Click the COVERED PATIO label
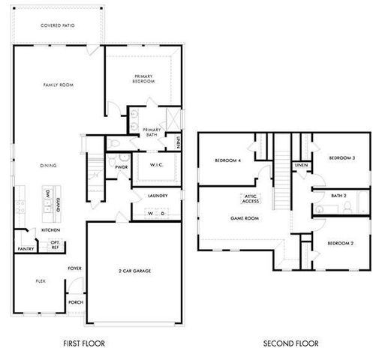coord(57,25)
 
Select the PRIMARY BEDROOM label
coord(143,79)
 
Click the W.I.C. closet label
coord(156,164)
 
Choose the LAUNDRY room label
coord(157,196)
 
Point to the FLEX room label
coord(41,280)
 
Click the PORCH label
coord(76,303)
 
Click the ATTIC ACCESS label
coord(250,199)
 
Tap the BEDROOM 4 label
coord(227,160)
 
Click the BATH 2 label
coord(338,196)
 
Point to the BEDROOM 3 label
coord(341,157)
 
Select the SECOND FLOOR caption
coord(290,343)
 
